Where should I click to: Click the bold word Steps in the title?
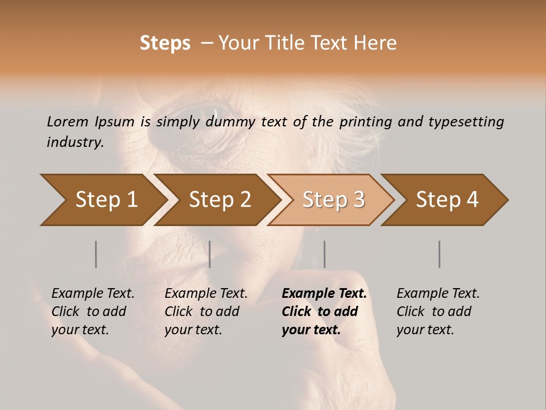(165, 43)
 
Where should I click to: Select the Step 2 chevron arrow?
(219, 200)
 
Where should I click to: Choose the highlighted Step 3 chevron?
(333, 200)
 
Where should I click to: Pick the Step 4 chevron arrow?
(446, 200)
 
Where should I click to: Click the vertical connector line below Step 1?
(96, 254)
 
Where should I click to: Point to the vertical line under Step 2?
(210, 254)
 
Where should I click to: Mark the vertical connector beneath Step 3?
(324, 254)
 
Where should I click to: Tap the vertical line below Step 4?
(439, 254)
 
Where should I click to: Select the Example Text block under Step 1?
(93, 311)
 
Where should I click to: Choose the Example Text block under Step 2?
(206, 311)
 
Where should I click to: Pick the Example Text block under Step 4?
(438, 311)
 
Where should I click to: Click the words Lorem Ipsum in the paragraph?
(90, 122)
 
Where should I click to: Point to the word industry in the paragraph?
(75, 142)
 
